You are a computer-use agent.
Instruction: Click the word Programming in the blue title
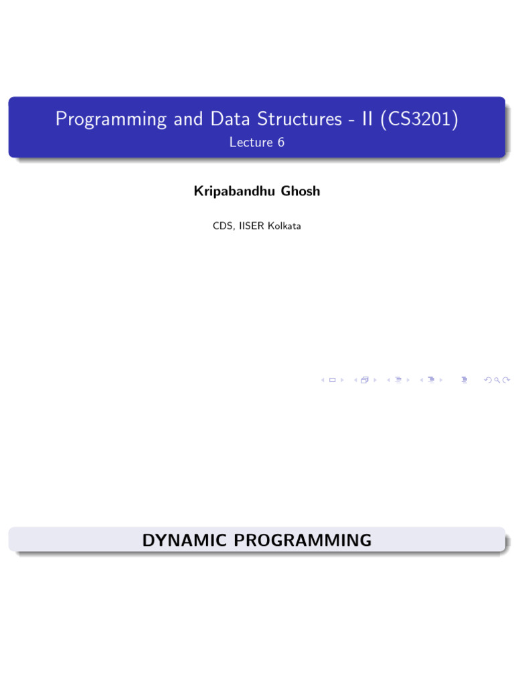pos(110,120)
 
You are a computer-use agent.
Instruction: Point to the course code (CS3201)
pos(420,119)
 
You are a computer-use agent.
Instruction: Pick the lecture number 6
pos(280,142)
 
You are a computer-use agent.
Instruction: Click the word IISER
pos(252,226)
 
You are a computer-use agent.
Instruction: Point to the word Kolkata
pos(284,226)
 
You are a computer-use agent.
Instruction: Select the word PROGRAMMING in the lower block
pos(301,540)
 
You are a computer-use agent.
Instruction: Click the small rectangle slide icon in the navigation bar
pos(332,380)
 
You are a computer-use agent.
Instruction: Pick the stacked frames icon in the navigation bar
pos(365,380)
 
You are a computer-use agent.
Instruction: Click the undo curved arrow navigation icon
pos(487,380)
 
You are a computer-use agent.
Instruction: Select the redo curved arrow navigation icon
pos(505,380)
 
